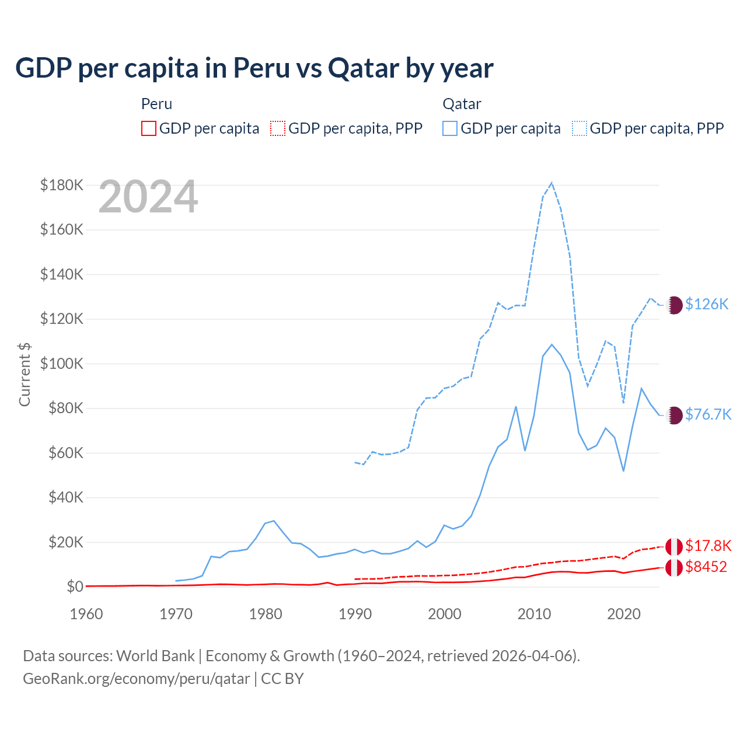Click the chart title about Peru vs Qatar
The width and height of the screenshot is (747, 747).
click(254, 68)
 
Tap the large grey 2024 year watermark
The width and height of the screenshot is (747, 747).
click(148, 197)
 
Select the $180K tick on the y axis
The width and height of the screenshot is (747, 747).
click(62, 186)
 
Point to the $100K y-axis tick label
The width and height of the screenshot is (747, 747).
click(62, 364)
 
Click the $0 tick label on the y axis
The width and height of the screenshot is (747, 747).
click(75, 587)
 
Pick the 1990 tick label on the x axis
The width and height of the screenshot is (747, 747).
click(355, 614)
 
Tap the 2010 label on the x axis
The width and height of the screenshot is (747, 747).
click(534, 614)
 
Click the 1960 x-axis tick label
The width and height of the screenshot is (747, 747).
click(86, 614)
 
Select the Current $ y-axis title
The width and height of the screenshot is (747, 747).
click(25, 374)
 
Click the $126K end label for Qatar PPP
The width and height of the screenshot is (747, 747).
click(707, 304)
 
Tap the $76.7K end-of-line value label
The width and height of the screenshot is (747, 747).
click(708, 414)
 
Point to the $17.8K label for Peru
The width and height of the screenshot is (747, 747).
click(708, 546)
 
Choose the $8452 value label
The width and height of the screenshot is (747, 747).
click(706, 567)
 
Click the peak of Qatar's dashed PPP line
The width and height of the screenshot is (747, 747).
click(551, 183)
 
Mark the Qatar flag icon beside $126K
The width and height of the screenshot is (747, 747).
click(674, 305)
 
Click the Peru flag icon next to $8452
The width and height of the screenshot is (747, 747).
click(674, 567)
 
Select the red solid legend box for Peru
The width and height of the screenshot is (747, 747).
click(149, 128)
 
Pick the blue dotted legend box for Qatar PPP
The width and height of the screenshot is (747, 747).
click(580, 128)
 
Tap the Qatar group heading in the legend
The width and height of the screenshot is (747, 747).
click(462, 104)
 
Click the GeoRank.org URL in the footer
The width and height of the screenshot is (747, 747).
click(137, 679)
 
